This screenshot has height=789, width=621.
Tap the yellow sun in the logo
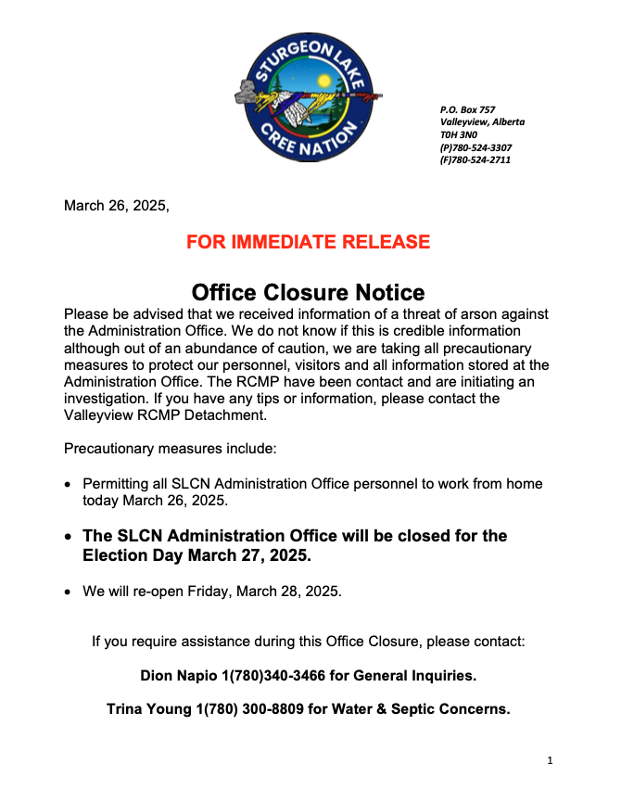(x=323, y=81)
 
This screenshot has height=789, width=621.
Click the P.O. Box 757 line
(x=467, y=110)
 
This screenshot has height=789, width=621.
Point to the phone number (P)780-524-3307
(x=475, y=147)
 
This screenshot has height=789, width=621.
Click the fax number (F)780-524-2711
(x=475, y=159)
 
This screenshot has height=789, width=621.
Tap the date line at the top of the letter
(x=116, y=206)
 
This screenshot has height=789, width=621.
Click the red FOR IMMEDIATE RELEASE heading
(x=309, y=243)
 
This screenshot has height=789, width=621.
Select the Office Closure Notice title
(x=309, y=293)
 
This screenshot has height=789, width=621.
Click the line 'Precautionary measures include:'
(x=170, y=450)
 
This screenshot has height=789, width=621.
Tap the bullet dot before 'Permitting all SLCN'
(x=68, y=485)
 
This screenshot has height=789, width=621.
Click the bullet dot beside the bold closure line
(x=68, y=537)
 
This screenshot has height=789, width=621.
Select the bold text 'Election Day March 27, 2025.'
(x=197, y=556)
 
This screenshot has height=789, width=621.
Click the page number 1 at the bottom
(x=550, y=761)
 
